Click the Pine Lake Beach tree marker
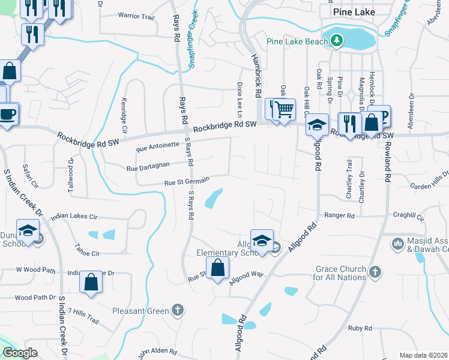pos(337,41)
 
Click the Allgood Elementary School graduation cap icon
pos(262,241)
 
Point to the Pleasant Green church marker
pos(176,310)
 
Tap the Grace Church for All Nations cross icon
pos(375,272)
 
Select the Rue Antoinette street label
pos(158,146)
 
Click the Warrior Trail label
pos(136,16)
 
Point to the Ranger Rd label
pos(339,215)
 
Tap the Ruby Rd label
pos(360,328)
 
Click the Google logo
pos(20,353)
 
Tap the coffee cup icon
pos(8,113)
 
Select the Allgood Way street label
pos(247,275)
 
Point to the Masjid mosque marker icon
pos(397,244)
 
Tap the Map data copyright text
pos(423,355)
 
